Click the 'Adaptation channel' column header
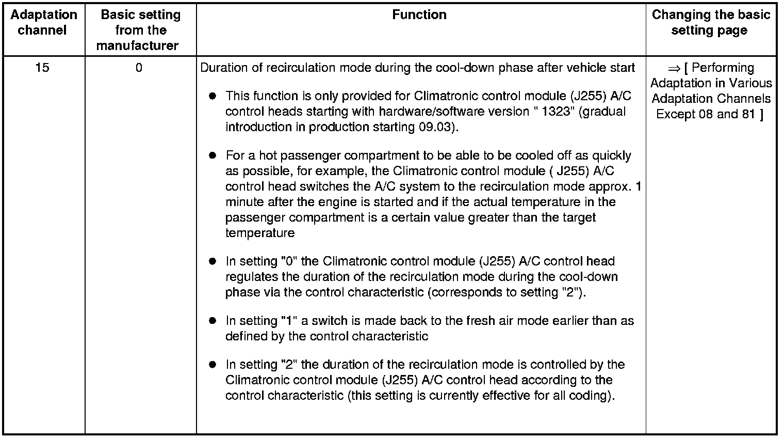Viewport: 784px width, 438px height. (43, 22)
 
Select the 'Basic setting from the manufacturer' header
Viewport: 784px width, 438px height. (140, 30)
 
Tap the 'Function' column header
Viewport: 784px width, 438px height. (419, 14)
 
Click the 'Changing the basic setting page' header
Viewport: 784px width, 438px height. (710, 22)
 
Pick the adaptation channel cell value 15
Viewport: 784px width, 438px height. (42, 68)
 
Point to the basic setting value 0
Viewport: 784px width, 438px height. (139, 68)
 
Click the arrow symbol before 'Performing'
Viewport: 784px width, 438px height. (674, 68)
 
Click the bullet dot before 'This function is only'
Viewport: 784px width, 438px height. (212, 97)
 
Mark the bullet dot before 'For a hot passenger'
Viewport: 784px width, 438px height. (212, 156)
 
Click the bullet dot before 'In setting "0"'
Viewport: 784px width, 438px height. (212, 262)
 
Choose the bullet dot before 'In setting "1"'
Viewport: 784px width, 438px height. (212, 321)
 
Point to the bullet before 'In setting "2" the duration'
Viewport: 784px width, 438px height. (212, 365)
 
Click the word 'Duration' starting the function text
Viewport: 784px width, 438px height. (221, 68)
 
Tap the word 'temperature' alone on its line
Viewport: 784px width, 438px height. (259, 233)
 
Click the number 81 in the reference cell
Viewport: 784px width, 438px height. (748, 114)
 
